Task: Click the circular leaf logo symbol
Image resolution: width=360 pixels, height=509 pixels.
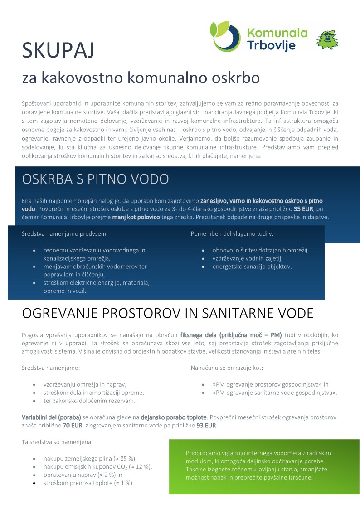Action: pyautogui.click(x=225, y=37)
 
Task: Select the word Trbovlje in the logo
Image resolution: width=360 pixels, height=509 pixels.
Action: pyautogui.click(x=271, y=45)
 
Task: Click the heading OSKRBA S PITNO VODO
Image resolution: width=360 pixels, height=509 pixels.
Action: pyautogui.click(x=95, y=179)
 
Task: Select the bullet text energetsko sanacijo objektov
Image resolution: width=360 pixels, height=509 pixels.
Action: pyautogui.click(x=252, y=267)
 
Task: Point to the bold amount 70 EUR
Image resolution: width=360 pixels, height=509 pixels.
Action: pyautogui.click(x=72, y=426)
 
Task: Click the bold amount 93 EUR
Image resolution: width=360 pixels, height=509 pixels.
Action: pyautogui.click(x=206, y=426)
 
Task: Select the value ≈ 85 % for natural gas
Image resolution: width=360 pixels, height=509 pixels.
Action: pyautogui.click(x=122, y=458)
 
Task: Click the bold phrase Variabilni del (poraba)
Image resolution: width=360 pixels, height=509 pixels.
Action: pyautogui.click(x=51, y=417)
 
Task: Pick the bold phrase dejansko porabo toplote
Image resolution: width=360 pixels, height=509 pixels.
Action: pyautogui.click(x=174, y=417)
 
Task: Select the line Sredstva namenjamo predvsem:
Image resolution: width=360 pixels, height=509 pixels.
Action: pyautogui.click(x=65, y=234)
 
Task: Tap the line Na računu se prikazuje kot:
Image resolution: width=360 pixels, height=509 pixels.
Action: pyautogui.click(x=227, y=368)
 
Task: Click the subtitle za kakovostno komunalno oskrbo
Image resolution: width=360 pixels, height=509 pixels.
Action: pyautogui.click(x=141, y=78)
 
